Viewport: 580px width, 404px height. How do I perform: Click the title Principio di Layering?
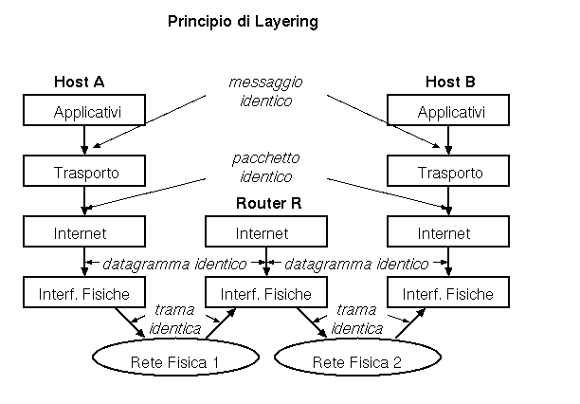243,20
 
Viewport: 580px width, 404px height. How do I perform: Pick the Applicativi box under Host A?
86,113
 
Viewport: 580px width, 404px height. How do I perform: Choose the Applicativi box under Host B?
449,113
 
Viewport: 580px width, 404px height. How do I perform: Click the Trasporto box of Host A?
86,173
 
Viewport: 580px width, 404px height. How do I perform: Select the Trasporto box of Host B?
449,173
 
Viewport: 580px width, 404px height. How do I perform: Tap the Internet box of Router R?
267,232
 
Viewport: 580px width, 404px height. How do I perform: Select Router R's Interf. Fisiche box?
267,293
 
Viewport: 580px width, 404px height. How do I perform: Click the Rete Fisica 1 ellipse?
176,360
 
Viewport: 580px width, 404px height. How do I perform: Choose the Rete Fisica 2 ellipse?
358,360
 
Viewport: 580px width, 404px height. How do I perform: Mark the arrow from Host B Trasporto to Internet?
449,202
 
